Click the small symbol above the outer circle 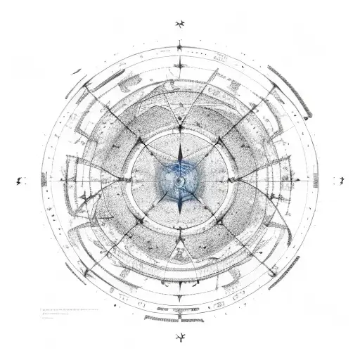click(x=179, y=25)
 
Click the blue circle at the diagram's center click(x=180, y=181)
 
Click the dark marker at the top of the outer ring click(x=180, y=48)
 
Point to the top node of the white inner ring click(x=180, y=130)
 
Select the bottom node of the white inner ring click(x=180, y=232)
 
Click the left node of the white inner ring click(x=129, y=181)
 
